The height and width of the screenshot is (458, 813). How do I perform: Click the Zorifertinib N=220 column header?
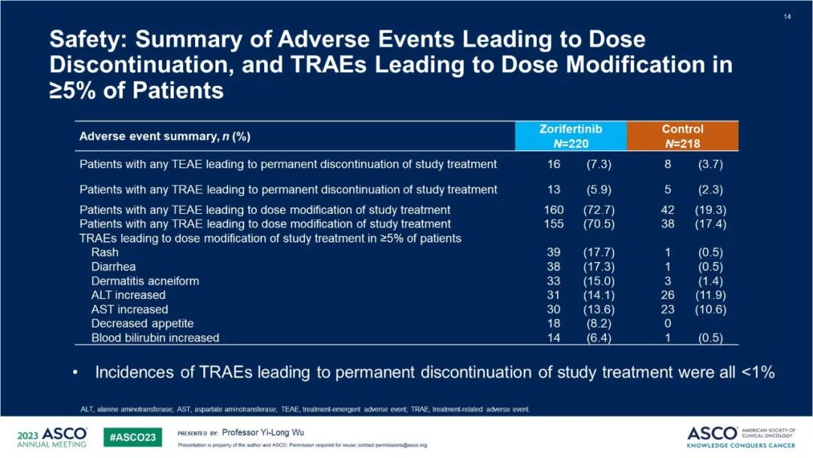(x=571, y=136)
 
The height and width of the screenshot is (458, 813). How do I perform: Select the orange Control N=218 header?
(x=683, y=136)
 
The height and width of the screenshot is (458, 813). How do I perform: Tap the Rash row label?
(x=105, y=252)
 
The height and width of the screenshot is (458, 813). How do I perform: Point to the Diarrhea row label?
(x=114, y=267)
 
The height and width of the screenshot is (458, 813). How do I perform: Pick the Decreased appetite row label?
(x=142, y=323)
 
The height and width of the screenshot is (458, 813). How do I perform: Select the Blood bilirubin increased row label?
(x=155, y=337)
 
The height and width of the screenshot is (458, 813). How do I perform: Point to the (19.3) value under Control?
(x=708, y=209)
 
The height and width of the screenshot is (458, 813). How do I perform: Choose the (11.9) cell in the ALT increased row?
(x=708, y=295)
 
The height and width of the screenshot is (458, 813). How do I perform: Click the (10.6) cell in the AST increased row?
(x=708, y=309)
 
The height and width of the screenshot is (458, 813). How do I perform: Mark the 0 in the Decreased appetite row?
(x=668, y=323)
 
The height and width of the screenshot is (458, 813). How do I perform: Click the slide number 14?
(x=787, y=17)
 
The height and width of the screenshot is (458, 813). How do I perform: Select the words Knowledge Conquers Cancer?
(x=741, y=445)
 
